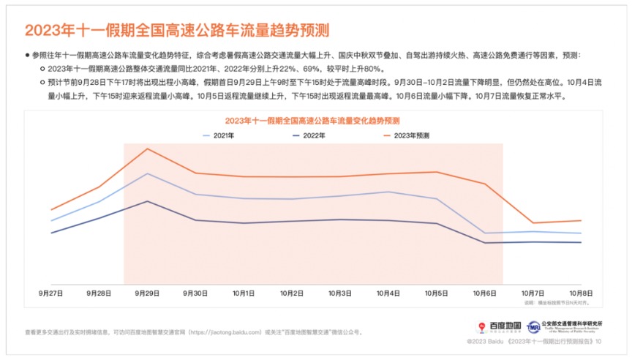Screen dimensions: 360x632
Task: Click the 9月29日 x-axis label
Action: [148, 293]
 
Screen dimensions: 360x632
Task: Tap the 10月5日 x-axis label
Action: [437, 293]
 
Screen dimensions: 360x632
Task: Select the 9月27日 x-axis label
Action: [51, 293]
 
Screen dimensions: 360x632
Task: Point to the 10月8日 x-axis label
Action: [581, 293]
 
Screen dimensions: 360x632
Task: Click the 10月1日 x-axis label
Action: [244, 293]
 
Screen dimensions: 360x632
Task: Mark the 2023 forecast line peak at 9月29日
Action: [148, 149]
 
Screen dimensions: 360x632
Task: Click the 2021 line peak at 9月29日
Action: [148, 173]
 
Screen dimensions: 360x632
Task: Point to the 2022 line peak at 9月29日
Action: [148, 201]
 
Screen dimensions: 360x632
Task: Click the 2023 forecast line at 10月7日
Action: [533, 222]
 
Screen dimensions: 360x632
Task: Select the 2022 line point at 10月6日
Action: [485, 243]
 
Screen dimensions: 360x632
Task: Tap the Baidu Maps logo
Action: [499, 326]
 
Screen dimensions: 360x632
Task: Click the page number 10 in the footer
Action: [599, 342]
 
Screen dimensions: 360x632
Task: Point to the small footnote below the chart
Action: [557, 301]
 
